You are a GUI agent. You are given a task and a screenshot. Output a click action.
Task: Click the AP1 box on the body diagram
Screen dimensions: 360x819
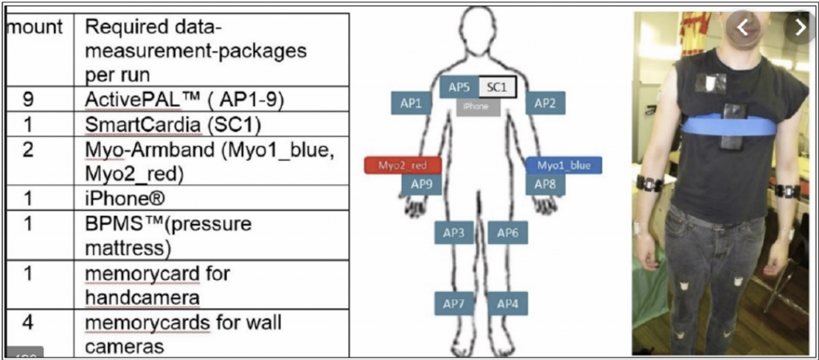coord(411,102)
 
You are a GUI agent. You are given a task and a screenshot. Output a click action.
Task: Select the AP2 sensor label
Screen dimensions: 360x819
coord(545,102)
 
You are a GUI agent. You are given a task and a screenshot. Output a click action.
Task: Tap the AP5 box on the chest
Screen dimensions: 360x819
coord(458,86)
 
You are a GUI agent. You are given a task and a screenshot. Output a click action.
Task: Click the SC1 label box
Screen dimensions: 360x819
coord(497,86)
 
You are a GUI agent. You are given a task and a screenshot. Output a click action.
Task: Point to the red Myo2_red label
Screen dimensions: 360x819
coord(398,165)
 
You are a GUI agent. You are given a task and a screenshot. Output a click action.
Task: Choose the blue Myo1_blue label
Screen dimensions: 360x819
coord(563,165)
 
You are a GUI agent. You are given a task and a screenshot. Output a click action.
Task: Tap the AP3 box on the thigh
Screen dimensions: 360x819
coord(453,233)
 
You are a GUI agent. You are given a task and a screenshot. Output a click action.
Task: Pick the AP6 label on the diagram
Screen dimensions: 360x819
coord(507,233)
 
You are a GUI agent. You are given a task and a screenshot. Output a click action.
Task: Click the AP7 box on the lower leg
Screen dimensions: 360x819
coord(453,304)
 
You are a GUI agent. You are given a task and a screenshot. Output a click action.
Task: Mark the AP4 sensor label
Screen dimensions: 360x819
coord(507,304)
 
